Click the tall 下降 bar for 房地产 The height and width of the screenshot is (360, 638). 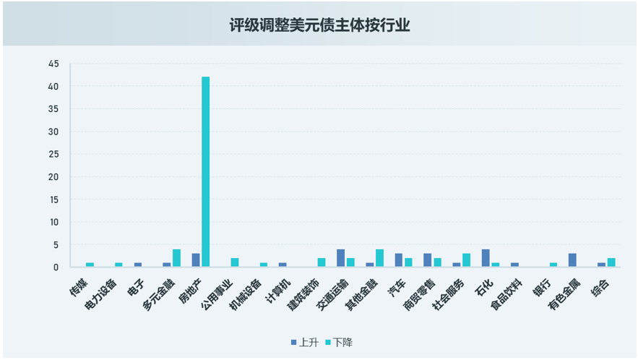click(x=206, y=172)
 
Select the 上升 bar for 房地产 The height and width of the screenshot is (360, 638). click(x=196, y=260)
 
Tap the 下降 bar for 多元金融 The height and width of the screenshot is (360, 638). click(x=177, y=258)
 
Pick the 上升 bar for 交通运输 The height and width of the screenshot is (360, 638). click(x=340, y=258)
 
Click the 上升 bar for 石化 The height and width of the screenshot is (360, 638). click(x=486, y=258)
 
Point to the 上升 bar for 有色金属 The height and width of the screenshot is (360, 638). click(x=572, y=260)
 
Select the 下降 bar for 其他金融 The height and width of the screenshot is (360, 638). click(x=379, y=258)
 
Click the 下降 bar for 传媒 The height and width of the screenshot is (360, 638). click(x=90, y=265)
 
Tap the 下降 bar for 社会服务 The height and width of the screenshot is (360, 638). click(x=467, y=260)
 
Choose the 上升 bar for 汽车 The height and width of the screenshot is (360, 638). click(x=399, y=260)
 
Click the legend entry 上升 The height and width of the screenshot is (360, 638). click(x=304, y=342)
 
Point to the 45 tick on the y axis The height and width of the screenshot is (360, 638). click(x=54, y=64)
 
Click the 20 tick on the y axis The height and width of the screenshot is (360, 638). click(x=54, y=177)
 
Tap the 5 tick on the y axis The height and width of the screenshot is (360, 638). click(x=56, y=245)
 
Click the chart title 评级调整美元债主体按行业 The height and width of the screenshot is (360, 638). click(x=319, y=25)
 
